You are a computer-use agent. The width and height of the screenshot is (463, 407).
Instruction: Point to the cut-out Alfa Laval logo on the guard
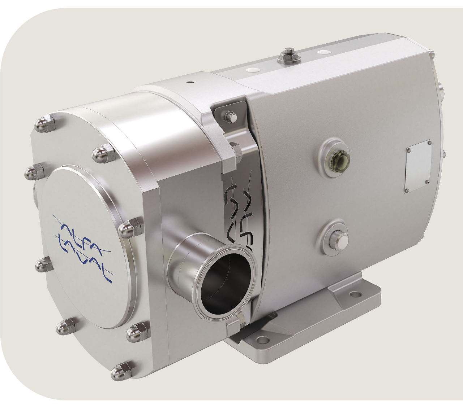[238, 213]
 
